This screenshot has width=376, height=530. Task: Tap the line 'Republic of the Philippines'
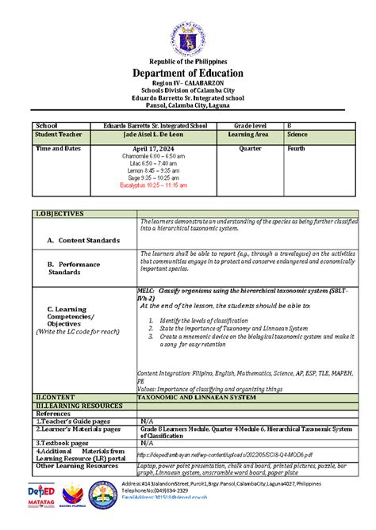188,61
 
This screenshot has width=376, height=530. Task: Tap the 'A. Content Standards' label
83,240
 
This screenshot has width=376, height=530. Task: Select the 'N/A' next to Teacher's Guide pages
146,421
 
